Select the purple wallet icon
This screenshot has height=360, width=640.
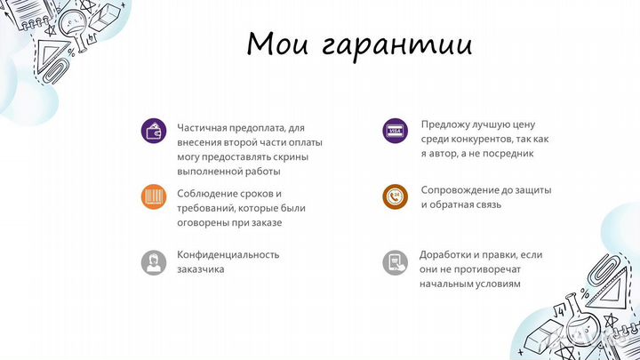click(x=154, y=131)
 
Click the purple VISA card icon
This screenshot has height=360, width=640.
click(x=394, y=131)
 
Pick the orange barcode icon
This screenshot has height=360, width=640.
click(x=154, y=196)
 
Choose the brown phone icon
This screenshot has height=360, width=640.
click(x=394, y=196)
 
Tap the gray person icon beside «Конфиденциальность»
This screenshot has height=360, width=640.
click(x=154, y=261)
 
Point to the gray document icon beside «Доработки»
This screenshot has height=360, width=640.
click(x=394, y=261)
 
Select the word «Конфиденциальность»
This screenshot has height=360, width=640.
click(x=228, y=254)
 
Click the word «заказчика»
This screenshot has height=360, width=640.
click(x=200, y=268)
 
